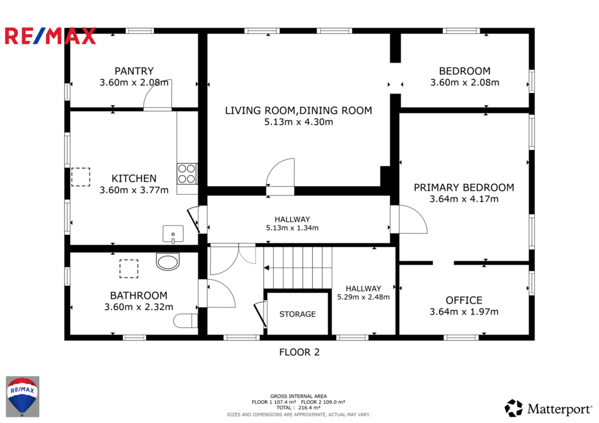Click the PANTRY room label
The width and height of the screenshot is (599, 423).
coord(134,71)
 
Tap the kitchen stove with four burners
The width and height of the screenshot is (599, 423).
coord(187,174)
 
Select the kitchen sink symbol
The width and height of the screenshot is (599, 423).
coord(173,234)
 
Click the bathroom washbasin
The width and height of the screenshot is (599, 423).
coord(168,262)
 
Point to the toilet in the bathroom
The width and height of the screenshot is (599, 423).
coord(185,321)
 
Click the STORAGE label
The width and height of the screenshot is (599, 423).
coord(298,314)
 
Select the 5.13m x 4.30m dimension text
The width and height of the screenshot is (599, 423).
coord(299,122)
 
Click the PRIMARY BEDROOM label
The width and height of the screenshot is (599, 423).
coord(464,188)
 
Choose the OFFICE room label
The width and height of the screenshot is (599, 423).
coord(464,300)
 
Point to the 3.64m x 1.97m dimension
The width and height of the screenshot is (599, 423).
coord(464,312)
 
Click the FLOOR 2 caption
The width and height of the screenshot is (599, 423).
coord(299,352)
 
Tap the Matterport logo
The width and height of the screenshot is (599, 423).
coord(549,408)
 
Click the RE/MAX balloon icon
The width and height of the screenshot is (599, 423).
coord(23,397)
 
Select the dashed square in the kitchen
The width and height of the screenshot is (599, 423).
coord(81,177)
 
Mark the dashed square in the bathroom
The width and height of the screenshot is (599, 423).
coord(129,269)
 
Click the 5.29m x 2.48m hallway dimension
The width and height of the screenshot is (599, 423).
coord(363,297)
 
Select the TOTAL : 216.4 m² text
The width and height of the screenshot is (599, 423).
coord(299,408)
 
